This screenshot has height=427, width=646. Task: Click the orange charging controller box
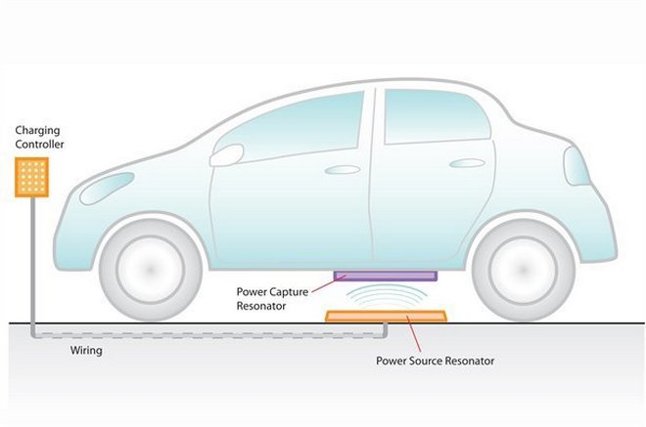pyautogui.click(x=31, y=177)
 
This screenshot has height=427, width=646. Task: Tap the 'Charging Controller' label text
pyautogui.click(x=39, y=138)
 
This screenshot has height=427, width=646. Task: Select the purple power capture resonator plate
pyautogui.click(x=386, y=276)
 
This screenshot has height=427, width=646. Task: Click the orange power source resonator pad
pyautogui.click(x=386, y=316)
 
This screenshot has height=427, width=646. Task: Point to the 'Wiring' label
pyautogui.click(x=86, y=351)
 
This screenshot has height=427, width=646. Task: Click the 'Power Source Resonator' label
pyautogui.click(x=435, y=361)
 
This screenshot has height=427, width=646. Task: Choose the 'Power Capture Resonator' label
pyautogui.click(x=272, y=299)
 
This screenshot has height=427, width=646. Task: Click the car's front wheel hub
pyautogui.click(x=151, y=270)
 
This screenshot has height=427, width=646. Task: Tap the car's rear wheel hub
pyautogui.click(x=524, y=270)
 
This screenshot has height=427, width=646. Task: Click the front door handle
pyautogui.click(x=343, y=169)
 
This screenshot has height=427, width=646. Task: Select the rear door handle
pyautogui.click(x=467, y=163)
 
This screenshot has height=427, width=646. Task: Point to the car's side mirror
pyautogui.click(x=226, y=155)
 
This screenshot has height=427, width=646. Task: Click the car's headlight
pyautogui.click(x=107, y=188)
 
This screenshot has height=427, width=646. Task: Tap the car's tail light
pyautogui.click(x=576, y=166)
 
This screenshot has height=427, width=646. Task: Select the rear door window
pyautogui.click(x=437, y=117)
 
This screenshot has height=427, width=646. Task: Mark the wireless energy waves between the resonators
pyautogui.click(x=386, y=296)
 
